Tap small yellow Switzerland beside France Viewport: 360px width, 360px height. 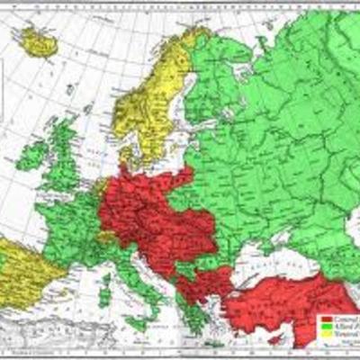(x=107, y=238)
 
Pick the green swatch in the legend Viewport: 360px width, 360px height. (x=325, y=326)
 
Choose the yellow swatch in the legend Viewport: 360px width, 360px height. (x=325, y=333)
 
